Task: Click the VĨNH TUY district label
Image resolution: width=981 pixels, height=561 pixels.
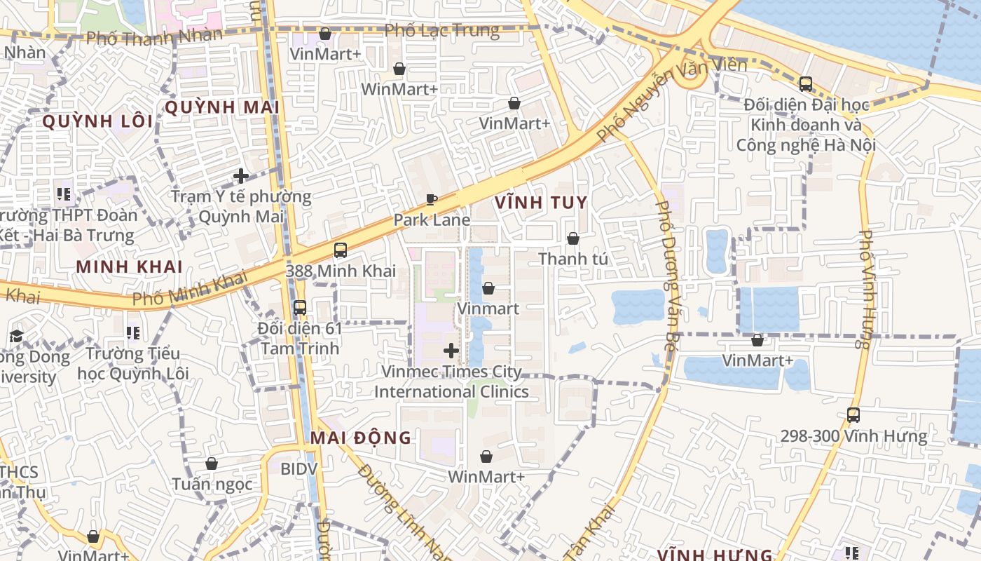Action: tap(541, 203)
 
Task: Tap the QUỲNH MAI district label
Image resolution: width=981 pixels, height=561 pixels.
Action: tap(221, 107)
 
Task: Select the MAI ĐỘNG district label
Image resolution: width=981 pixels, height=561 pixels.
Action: tap(361, 438)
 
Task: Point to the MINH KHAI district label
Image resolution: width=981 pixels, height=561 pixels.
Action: tap(130, 267)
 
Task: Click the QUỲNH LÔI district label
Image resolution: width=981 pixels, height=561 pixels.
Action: tap(97, 121)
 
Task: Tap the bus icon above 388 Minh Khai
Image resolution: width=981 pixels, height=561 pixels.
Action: tap(341, 250)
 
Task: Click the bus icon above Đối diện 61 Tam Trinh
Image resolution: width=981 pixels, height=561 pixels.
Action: tap(300, 308)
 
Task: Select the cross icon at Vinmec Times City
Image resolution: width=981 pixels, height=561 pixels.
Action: tap(451, 351)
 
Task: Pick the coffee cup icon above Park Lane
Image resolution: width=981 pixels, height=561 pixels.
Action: tap(432, 200)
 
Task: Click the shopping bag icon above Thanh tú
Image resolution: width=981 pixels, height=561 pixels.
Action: tap(573, 239)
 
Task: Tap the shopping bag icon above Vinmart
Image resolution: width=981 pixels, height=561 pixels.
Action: tap(488, 288)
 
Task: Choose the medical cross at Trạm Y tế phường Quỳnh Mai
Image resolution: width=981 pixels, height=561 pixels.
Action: tap(241, 176)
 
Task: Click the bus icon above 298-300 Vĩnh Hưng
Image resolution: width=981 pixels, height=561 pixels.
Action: tap(853, 415)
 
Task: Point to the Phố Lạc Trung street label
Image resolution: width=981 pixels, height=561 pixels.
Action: tap(442, 31)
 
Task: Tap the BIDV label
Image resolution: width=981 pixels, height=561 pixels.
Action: tap(299, 468)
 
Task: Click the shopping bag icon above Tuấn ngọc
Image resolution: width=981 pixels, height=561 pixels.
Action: tap(212, 464)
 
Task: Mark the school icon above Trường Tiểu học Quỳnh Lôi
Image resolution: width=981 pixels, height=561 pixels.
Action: tap(132, 333)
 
